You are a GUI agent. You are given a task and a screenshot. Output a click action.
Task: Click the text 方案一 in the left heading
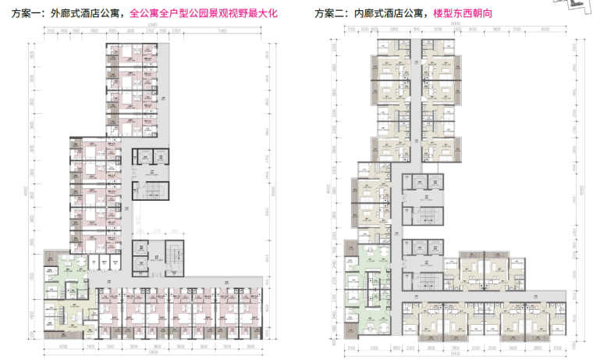coord(23,14)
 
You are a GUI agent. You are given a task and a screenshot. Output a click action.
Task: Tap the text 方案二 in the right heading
coord(330,14)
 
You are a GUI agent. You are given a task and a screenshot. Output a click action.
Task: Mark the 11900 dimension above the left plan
coord(222,30)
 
